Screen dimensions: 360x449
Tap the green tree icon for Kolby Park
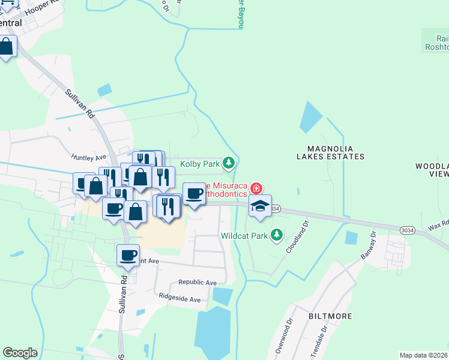(x=229, y=163)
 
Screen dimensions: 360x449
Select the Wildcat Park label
(x=244, y=235)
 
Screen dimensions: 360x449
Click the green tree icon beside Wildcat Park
(x=276, y=235)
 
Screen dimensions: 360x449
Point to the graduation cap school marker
(x=260, y=206)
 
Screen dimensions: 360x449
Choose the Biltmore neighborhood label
(x=309, y=314)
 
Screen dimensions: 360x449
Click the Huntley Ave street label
(x=88, y=157)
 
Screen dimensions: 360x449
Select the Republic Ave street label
(x=197, y=282)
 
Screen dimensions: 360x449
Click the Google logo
(x=20, y=352)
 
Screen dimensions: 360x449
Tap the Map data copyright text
(x=424, y=355)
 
